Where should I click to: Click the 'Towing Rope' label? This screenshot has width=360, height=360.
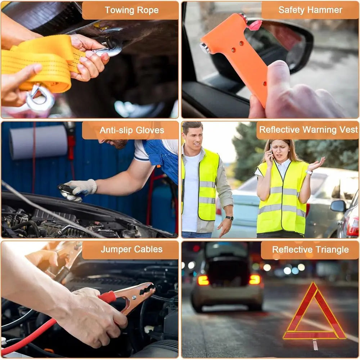coord(131,10)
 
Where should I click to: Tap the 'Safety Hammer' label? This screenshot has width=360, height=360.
coord(310,10)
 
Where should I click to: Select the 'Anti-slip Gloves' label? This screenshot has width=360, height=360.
coord(132,130)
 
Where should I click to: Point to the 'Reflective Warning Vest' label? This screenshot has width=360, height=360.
coord(309,130)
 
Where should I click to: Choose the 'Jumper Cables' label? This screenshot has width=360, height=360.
coord(131,249)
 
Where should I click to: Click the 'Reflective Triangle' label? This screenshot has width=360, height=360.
coord(310,250)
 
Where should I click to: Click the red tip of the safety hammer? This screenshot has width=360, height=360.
coord(255,25)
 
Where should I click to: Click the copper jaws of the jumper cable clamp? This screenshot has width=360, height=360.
coord(138,294)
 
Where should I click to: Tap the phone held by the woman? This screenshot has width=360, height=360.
coord(271,153)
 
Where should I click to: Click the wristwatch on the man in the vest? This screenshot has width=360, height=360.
coord(229,218)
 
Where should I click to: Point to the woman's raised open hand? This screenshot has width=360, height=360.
coord(316,164)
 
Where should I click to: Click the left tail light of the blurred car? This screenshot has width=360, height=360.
coord(203,280)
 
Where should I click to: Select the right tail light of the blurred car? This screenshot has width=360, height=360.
coord(255,280)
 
